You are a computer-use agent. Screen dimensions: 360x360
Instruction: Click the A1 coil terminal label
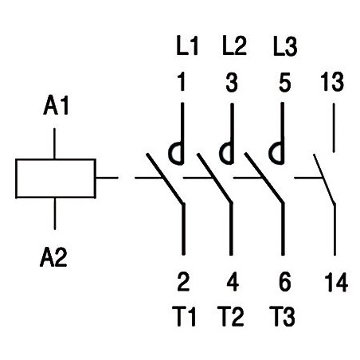click(x=56, y=106)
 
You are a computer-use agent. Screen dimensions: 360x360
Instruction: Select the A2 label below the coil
click(x=53, y=257)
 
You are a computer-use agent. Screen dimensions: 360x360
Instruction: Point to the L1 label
click(x=187, y=46)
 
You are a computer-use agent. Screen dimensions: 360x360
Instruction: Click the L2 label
click(x=234, y=46)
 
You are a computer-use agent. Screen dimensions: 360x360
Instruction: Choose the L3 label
click(x=285, y=46)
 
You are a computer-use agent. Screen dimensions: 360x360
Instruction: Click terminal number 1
click(x=182, y=82)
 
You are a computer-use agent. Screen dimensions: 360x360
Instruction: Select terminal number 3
click(x=232, y=82)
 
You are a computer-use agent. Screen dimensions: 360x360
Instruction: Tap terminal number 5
click(x=285, y=83)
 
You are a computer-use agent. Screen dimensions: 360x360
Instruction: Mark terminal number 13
click(x=332, y=82)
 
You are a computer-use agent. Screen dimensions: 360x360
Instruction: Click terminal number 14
click(x=336, y=282)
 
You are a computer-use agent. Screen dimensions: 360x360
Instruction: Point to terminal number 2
click(x=183, y=282)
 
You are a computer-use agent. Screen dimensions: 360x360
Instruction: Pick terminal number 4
click(x=233, y=282)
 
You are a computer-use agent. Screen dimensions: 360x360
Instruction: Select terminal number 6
click(x=285, y=282)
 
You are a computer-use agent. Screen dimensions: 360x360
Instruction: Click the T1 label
click(x=184, y=316)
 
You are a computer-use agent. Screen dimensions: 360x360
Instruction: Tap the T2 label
click(x=230, y=316)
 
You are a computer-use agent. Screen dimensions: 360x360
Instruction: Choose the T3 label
click(x=282, y=316)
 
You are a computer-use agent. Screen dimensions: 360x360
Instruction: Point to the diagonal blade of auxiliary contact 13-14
click(x=324, y=179)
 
